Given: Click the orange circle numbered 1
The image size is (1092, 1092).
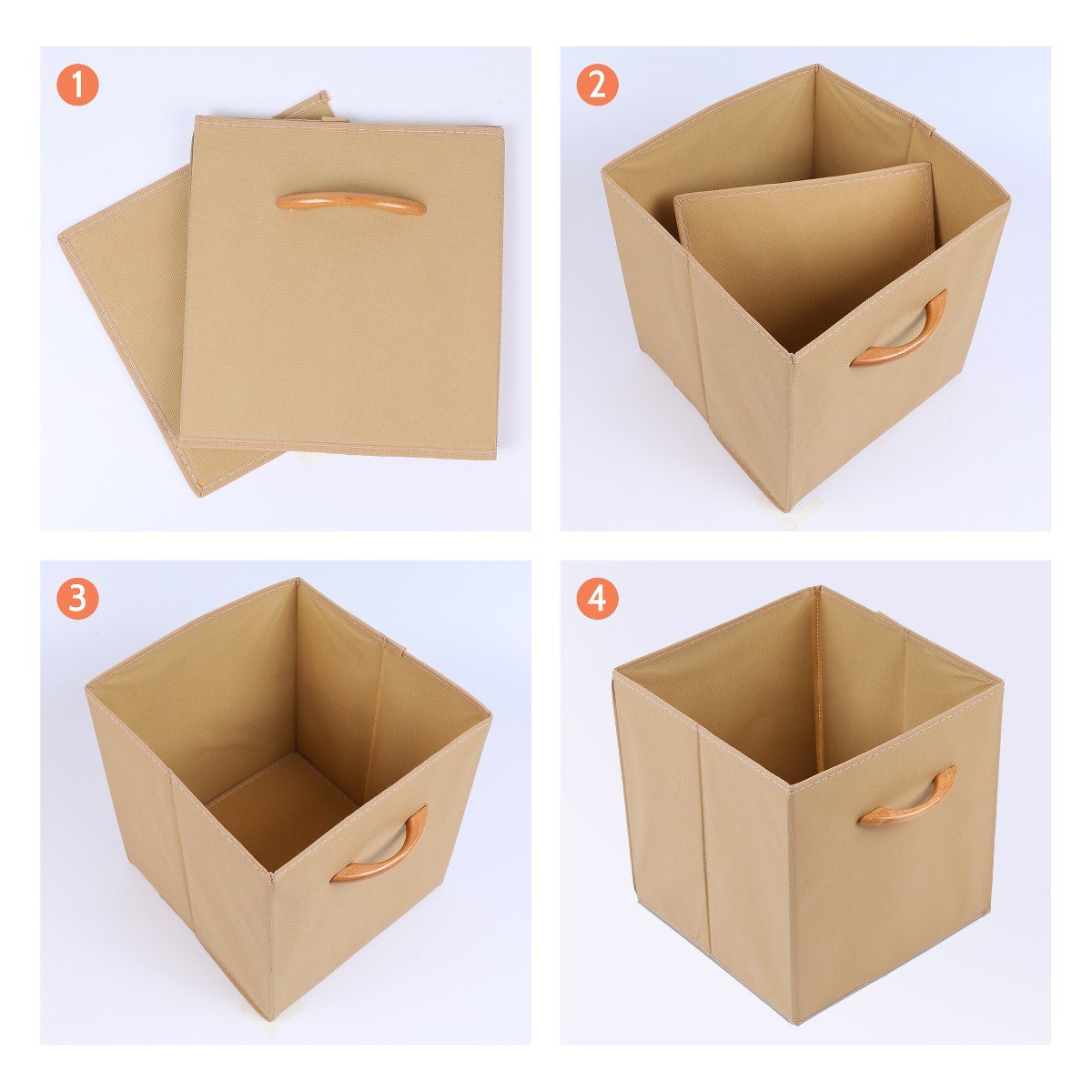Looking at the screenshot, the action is click(x=77, y=85).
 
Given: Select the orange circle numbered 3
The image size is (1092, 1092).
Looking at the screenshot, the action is click(x=77, y=599).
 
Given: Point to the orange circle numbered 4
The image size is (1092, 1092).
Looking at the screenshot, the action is click(x=598, y=599).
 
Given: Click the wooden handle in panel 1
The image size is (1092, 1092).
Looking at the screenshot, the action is click(x=350, y=204).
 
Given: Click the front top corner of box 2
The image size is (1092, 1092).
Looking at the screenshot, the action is click(x=794, y=356).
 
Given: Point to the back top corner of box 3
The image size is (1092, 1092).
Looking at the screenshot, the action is click(x=298, y=579).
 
